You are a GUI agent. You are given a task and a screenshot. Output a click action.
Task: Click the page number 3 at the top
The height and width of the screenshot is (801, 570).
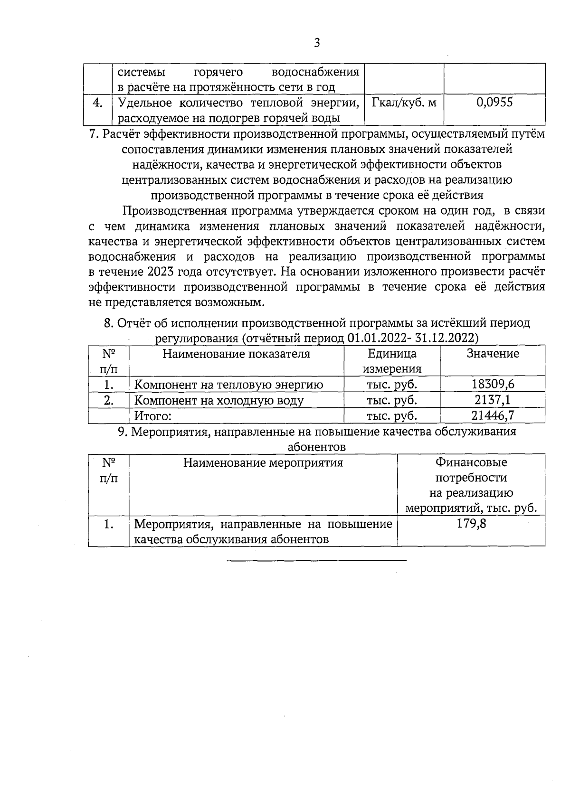click(317, 43)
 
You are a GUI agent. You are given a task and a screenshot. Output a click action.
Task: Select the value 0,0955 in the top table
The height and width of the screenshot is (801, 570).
click(494, 102)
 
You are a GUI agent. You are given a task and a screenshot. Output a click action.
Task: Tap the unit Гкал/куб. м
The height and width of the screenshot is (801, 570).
click(404, 102)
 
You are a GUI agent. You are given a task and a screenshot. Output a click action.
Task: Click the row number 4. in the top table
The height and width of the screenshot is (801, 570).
click(97, 103)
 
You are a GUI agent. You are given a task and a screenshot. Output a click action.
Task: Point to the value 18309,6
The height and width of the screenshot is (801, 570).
click(493, 384)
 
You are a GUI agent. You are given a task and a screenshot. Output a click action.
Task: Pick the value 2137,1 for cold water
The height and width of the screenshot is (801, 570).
click(493, 400)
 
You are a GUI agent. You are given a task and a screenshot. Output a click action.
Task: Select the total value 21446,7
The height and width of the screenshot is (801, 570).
click(493, 415)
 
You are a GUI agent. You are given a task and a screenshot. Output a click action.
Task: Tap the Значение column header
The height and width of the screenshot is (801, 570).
click(493, 354)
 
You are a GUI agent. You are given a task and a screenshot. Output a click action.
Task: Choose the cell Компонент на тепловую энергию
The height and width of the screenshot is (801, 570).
click(228, 385)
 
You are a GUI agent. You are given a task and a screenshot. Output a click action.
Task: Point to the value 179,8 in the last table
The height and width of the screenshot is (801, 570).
click(471, 524)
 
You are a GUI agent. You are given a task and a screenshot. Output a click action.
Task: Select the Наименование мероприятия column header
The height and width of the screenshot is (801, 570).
click(263, 462)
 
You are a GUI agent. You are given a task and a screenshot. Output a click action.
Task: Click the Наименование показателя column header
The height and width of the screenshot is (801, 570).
click(236, 354)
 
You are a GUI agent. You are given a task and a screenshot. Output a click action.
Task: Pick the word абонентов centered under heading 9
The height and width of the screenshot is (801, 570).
click(317, 447)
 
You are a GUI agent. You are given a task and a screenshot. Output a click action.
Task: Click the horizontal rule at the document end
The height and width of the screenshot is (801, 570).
click(317, 561)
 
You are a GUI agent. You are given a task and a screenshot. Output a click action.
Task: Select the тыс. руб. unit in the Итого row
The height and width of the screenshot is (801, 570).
click(392, 416)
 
